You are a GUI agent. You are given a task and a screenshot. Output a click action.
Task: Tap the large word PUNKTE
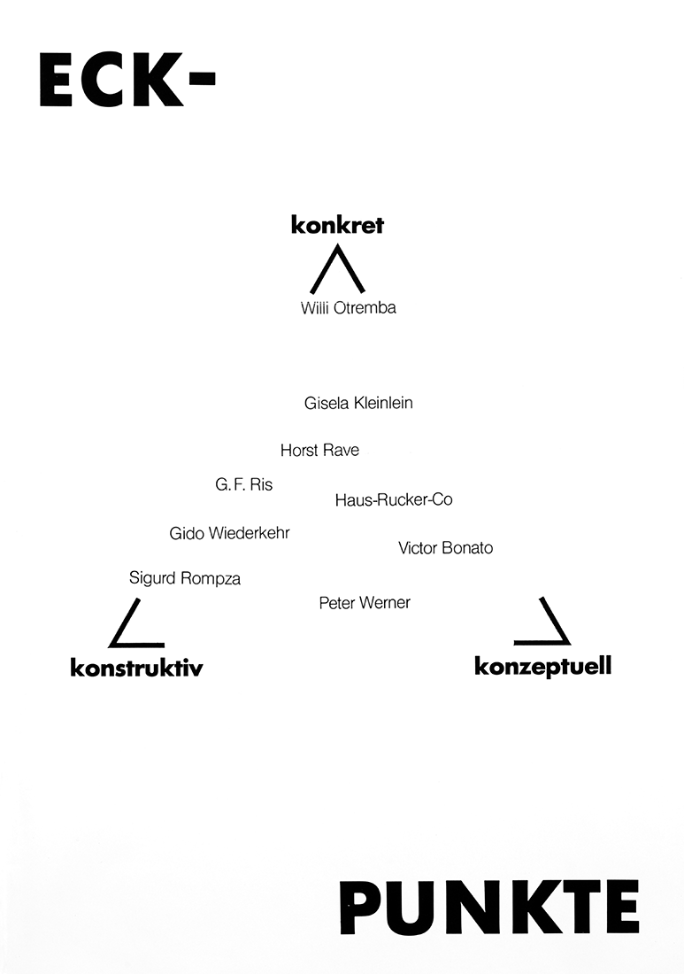pyautogui.click(x=489, y=907)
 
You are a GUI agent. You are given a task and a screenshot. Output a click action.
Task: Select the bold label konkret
pyautogui.click(x=337, y=226)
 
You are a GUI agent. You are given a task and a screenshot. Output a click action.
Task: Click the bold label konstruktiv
pyautogui.click(x=136, y=668)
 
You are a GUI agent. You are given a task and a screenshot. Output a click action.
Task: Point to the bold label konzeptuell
pyautogui.click(x=542, y=666)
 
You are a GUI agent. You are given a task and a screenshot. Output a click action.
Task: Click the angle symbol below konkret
pyautogui.click(x=337, y=270)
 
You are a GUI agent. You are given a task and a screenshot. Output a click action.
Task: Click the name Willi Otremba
pyautogui.click(x=348, y=308)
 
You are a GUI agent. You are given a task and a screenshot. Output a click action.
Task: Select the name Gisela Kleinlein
pyautogui.click(x=358, y=403)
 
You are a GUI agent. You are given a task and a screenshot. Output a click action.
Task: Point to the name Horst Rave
pyautogui.click(x=319, y=451)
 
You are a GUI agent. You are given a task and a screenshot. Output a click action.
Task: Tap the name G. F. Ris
pyautogui.click(x=244, y=484)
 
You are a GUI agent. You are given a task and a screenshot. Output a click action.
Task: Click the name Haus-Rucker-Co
pyautogui.click(x=394, y=499)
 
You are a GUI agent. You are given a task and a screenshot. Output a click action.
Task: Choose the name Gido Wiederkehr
pyautogui.click(x=229, y=533)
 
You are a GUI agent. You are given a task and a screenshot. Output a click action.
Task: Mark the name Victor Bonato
pyautogui.click(x=445, y=548)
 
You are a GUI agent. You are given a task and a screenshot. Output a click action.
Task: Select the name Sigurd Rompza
pyautogui.click(x=185, y=578)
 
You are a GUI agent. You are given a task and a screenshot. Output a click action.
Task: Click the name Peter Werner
pyautogui.click(x=365, y=603)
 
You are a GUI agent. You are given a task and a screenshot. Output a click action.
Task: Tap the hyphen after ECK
pyautogui.click(x=202, y=80)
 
